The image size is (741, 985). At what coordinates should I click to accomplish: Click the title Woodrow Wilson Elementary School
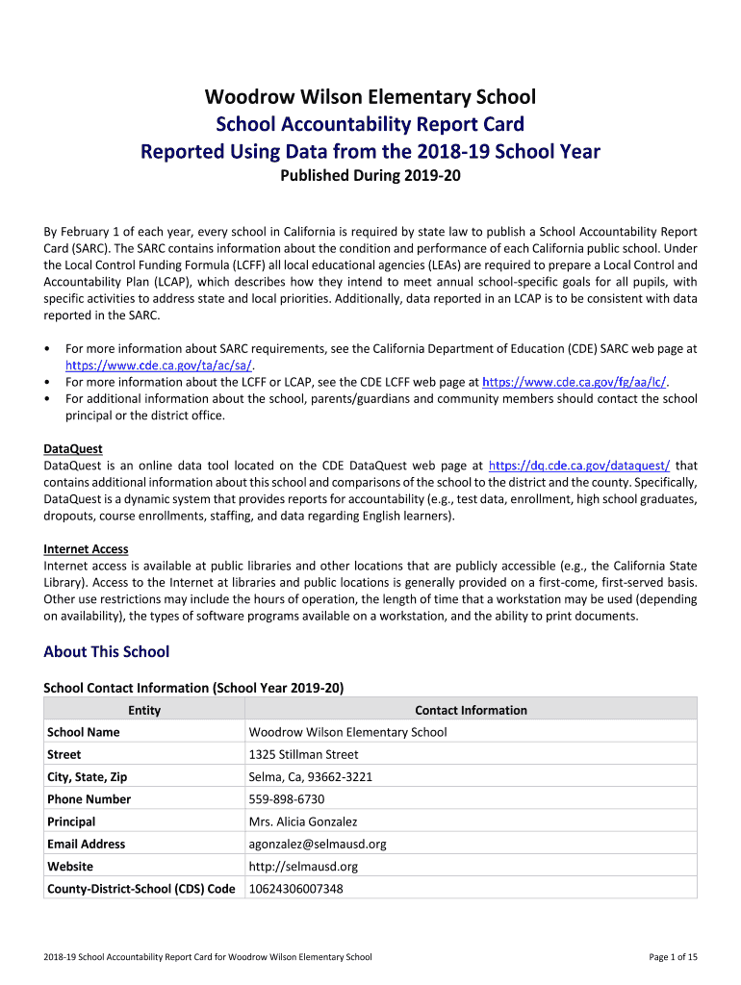pos(370,97)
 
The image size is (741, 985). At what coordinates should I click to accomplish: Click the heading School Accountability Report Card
pos(370,124)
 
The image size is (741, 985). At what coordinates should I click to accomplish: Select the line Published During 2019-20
pos(370,176)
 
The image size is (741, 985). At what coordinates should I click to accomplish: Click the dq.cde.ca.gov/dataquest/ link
pos(579,466)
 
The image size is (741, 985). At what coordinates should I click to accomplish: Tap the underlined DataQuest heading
pos(73,449)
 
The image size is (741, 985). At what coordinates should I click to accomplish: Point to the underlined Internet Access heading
pos(86,549)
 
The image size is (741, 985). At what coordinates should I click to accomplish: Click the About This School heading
pos(106,652)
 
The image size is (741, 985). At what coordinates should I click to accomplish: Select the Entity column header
pos(144,711)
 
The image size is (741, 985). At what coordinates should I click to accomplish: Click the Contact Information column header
pos(471,711)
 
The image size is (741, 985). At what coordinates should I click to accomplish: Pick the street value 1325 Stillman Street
pos(303,755)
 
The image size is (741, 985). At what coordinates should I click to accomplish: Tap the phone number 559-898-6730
pos(287,799)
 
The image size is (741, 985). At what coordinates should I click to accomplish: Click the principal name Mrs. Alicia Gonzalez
pos(303,822)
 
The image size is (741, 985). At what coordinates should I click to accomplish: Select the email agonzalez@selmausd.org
pos(318,845)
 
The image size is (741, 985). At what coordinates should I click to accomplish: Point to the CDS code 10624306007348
pos(295,889)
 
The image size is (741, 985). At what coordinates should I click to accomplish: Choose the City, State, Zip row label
pos(87,777)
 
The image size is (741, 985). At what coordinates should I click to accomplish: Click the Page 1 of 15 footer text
pos(674,957)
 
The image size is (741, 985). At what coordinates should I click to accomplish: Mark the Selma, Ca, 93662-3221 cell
pos(311,777)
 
